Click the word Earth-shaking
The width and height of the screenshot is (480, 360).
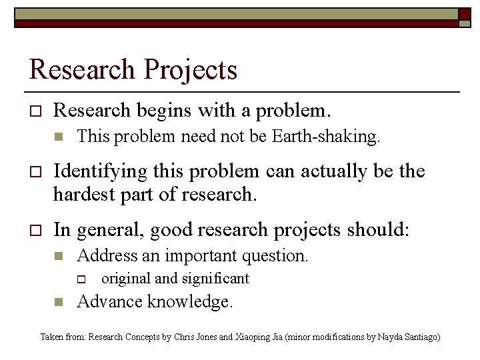pos(326,137)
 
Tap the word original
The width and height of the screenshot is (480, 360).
pos(125,279)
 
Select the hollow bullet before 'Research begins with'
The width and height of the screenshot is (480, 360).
pos(36,109)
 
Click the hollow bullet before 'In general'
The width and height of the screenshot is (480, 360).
pos(36,231)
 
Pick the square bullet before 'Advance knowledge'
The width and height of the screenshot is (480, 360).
pos(58,303)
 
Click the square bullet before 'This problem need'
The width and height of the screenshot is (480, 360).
pos(58,137)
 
